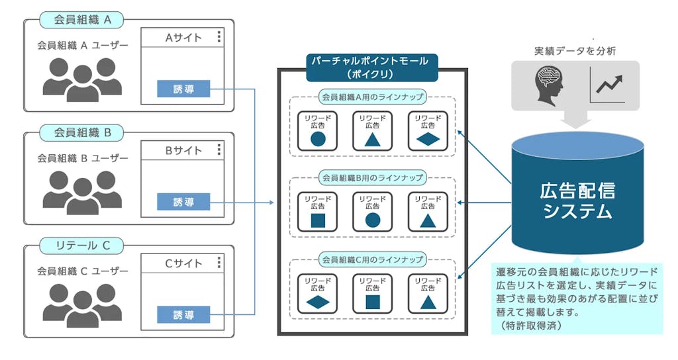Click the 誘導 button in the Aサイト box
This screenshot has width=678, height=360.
click(x=183, y=89)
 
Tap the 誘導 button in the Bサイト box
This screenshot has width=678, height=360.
click(x=183, y=202)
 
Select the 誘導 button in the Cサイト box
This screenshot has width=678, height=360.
click(x=183, y=315)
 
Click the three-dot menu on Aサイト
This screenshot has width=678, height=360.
click(x=219, y=38)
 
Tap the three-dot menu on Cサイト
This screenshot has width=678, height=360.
click(x=219, y=264)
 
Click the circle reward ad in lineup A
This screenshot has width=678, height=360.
click(x=318, y=131)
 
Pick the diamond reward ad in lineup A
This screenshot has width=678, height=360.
click(x=428, y=131)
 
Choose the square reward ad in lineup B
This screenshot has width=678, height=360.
click(x=318, y=212)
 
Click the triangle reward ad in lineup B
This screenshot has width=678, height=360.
click(x=428, y=212)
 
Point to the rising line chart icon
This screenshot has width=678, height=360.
click(x=609, y=85)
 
